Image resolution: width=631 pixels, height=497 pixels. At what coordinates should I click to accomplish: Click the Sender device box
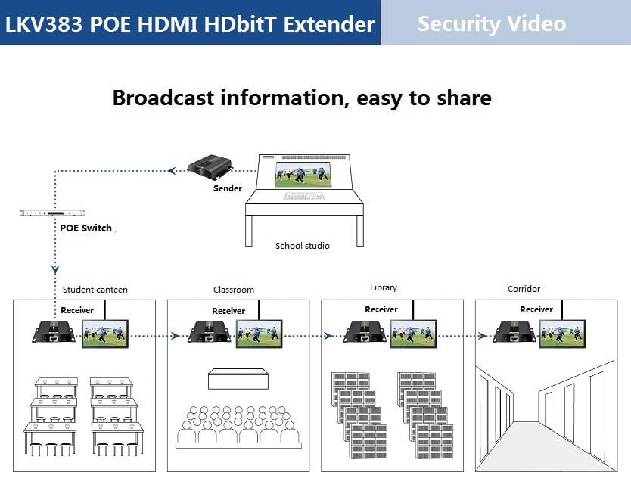[210, 167]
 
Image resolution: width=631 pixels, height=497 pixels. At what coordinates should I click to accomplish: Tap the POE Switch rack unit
[52, 213]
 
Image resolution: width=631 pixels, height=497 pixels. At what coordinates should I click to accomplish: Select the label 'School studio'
[302, 246]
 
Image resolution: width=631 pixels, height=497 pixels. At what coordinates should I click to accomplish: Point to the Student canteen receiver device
[54, 332]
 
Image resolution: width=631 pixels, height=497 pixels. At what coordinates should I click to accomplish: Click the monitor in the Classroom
[260, 334]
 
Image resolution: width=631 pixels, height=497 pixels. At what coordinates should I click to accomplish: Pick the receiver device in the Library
[365, 332]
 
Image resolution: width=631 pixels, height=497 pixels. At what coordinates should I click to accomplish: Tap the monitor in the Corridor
[562, 334]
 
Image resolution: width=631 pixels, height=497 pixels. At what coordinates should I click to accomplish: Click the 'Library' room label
[384, 287]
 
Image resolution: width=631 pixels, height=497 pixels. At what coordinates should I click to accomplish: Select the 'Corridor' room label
[524, 289]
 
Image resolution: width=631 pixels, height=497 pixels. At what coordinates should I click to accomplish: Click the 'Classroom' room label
[234, 290]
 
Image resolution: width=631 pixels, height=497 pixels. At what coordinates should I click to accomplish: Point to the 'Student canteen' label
[95, 290]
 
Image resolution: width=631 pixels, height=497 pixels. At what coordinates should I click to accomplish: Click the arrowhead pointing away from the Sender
[173, 171]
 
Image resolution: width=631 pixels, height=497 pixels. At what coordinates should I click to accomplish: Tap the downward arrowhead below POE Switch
[55, 269]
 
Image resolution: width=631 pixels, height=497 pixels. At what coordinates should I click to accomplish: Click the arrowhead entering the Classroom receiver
[175, 336]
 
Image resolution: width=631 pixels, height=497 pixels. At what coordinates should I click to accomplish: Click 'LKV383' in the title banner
[44, 23]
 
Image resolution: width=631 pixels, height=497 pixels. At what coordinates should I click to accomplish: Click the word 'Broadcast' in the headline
[163, 98]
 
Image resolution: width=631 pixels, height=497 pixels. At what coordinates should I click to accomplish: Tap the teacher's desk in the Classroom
[238, 379]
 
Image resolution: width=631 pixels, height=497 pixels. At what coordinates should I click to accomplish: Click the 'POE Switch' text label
[85, 228]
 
